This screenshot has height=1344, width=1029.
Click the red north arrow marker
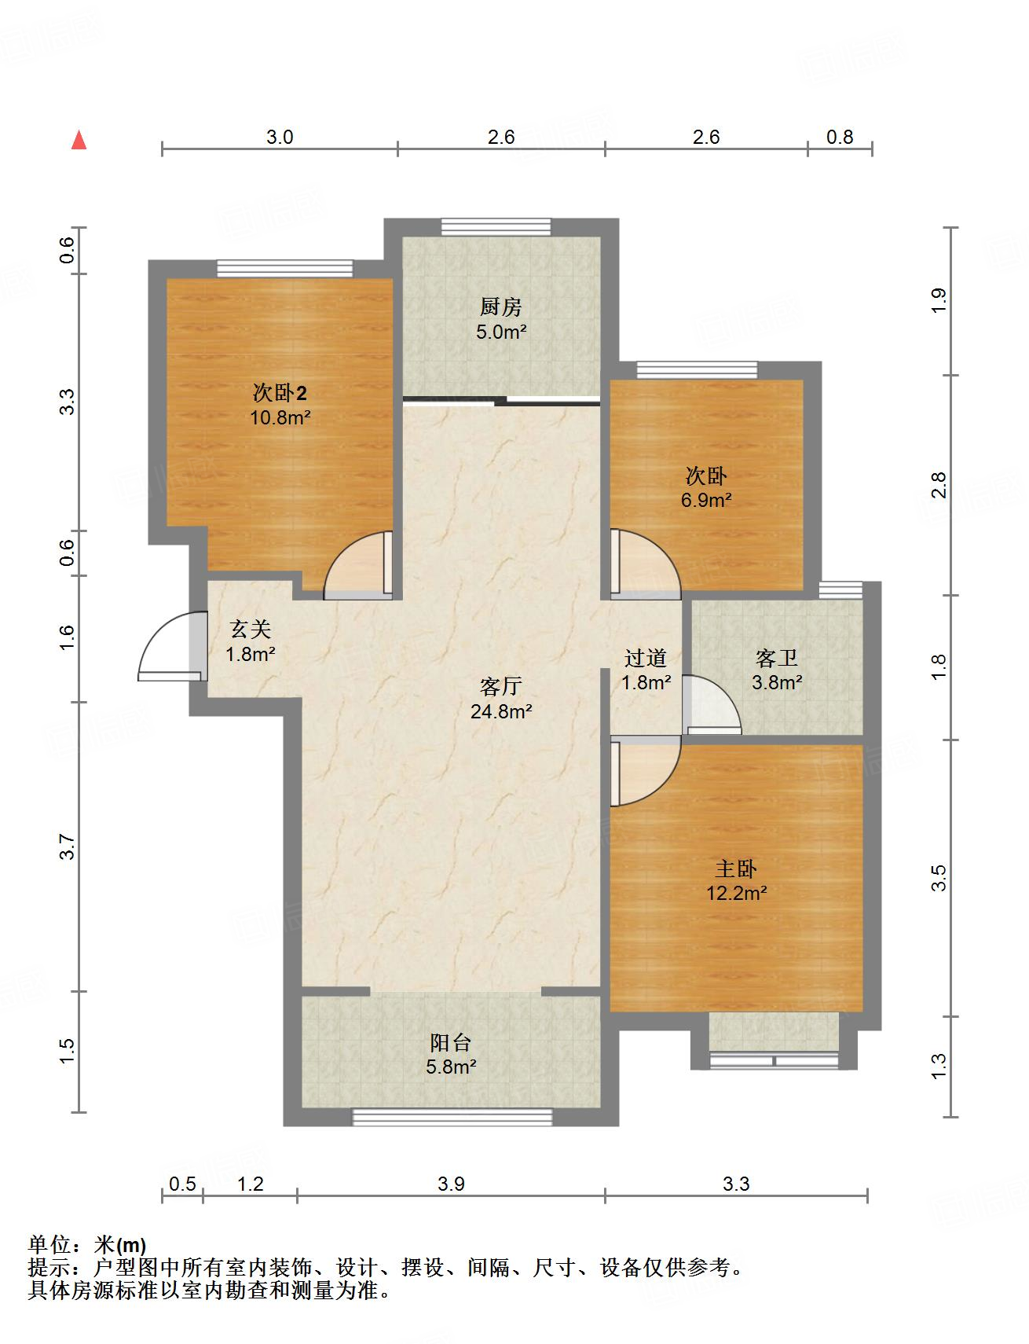(x=79, y=140)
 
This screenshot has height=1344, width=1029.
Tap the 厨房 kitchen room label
(x=500, y=307)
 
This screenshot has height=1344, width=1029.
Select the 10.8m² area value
(x=280, y=417)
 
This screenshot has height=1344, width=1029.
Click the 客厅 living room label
(x=500, y=686)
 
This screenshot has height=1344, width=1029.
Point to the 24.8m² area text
(x=500, y=711)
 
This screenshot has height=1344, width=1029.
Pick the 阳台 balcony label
(x=451, y=1042)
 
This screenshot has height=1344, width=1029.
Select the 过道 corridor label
(x=646, y=657)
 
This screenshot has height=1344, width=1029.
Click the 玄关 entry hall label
(x=251, y=629)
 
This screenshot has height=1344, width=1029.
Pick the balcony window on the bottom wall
(x=452, y=1117)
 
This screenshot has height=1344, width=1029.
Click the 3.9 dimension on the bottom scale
(x=452, y=1184)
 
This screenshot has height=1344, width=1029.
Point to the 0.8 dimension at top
(x=840, y=137)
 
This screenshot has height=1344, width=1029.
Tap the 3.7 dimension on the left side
(x=68, y=846)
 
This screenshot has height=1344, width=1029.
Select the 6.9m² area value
(x=706, y=500)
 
